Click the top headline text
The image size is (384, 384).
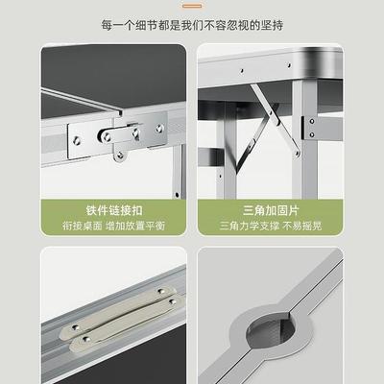pyautogui.click(x=192, y=21)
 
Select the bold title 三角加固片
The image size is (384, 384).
pyautogui.click(x=270, y=208)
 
